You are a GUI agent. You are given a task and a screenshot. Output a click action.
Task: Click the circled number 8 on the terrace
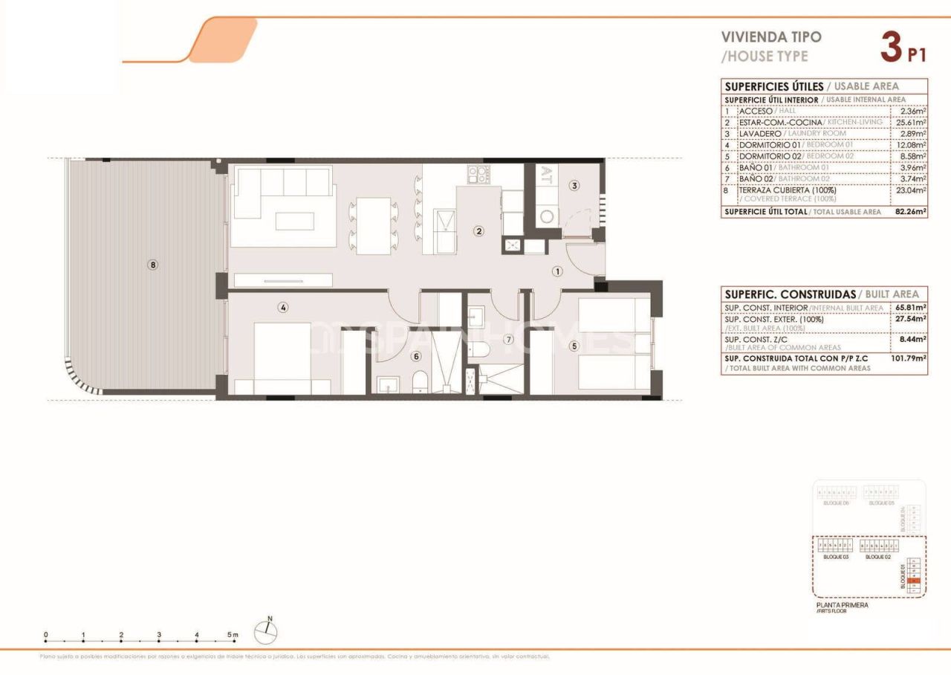tap(153, 264)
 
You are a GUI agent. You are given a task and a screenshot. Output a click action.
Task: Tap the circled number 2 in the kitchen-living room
tap(479, 231)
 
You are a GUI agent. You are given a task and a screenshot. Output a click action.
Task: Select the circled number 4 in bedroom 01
tap(283, 307)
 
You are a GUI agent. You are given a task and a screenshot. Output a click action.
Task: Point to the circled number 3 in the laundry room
tap(574, 186)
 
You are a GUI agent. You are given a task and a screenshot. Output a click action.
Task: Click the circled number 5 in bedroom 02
tap(574, 345)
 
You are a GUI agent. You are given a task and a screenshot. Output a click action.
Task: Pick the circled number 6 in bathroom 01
tap(416, 356)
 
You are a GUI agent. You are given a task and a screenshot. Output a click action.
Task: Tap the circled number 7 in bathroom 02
tap(509, 340)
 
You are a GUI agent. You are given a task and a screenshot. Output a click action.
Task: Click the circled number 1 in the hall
tap(557, 271)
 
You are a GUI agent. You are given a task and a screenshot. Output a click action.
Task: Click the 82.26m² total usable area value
tap(910, 212)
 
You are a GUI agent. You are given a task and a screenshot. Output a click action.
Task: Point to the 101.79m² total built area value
tap(909, 358)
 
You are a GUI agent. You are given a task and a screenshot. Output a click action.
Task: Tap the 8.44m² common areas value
tap(911, 339)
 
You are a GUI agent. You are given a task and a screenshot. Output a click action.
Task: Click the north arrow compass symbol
tap(266, 632)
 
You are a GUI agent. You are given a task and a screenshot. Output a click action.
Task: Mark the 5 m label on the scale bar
tap(233, 636)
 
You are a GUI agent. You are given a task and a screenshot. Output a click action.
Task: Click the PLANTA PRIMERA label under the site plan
tap(842, 605)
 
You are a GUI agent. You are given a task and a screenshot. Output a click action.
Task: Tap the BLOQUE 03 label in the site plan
tap(836, 556)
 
